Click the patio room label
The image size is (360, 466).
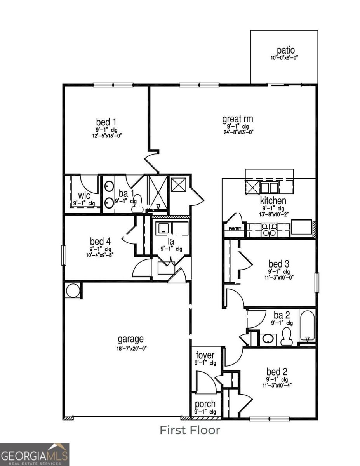pos(285,50)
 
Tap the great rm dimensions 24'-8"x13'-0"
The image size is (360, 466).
pos(238,132)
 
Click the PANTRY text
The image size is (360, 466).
pos(235,229)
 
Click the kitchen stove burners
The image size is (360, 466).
pos(269,230)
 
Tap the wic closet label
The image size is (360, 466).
pos(84,195)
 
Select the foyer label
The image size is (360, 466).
pos(205,355)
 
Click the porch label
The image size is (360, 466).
pos(205,404)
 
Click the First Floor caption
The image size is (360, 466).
pos(190,430)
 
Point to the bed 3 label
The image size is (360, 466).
pos(278,264)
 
